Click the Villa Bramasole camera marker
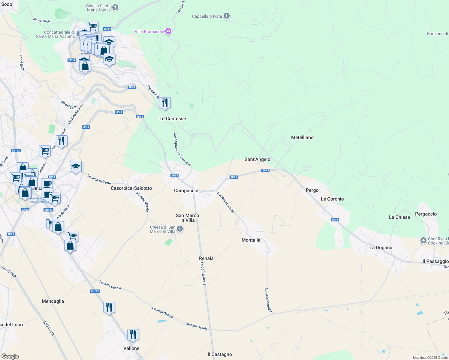[x=168, y=31]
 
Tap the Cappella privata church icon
[x=227, y=16]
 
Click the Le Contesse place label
[x=173, y=118]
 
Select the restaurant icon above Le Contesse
[x=165, y=103]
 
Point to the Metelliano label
[x=302, y=137]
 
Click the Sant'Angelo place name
[x=257, y=159]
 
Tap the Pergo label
[x=312, y=190]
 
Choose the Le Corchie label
[x=332, y=199]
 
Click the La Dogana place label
[x=381, y=247]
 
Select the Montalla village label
[x=251, y=240]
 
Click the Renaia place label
[x=206, y=258]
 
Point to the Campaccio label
[x=186, y=190]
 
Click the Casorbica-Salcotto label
[x=131, y=188]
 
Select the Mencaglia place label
[x=53, y=301]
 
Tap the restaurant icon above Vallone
[x=133, y=334]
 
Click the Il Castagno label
[x=220, y=354]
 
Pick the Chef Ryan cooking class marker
[x=423, y=240]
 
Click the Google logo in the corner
[x=10, y=356]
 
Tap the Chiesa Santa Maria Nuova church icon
[x=115, y=8]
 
